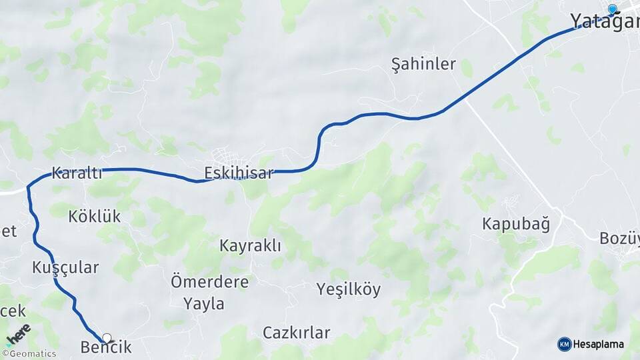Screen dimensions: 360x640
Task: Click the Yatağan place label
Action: click(603, 21)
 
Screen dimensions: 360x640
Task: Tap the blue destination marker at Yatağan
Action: click(612, 9)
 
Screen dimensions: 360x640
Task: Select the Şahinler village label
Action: click(423, 65)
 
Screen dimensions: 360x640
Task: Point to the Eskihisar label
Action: click(239, 174)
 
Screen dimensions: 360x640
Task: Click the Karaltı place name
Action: click(77, 174)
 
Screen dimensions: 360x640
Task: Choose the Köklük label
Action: click(94, 216)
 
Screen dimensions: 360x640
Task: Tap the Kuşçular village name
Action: click(65, 268)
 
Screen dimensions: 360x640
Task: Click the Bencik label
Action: click(105, 347)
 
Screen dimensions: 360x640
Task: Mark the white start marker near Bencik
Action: click(107, 338)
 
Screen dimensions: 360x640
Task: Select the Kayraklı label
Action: click(250, 246)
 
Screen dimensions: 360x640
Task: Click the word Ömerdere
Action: click(209, 281)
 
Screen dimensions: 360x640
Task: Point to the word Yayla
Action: click(204, 304)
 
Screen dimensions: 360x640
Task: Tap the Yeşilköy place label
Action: click(348, 289)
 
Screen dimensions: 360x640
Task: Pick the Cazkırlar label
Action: click(296, 332)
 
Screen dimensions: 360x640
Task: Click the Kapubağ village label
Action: click(516, 224)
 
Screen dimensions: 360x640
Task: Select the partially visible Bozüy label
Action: click(619, 238)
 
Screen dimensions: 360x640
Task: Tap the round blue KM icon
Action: click(564, 344)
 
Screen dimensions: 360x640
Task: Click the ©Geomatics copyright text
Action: click(29, 354)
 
